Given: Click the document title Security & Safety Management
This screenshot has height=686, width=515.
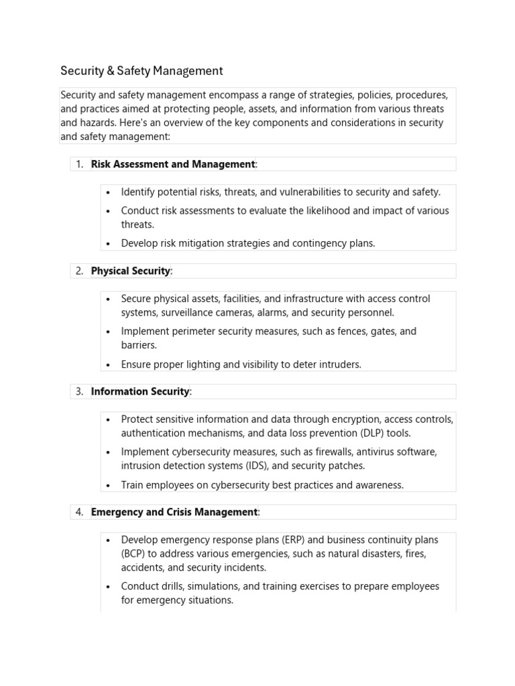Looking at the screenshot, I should coord(141,70).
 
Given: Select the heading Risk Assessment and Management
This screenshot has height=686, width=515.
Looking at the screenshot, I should coord(173,164).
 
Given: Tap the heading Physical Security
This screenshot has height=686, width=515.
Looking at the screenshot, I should coord(131,271).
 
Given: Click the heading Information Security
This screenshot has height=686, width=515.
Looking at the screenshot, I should coord(140,391).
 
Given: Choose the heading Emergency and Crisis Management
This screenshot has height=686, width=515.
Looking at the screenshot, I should coord(174,512).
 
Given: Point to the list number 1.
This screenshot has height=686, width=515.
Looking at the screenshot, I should coord(79,164).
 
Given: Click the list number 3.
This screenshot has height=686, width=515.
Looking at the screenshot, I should coord(79,391).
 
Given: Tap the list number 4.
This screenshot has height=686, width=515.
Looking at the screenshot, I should coord(79,512).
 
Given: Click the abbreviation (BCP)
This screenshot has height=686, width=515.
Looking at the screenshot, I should coord(135,554).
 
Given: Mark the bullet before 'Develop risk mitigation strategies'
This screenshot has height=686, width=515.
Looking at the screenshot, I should coord(108,244).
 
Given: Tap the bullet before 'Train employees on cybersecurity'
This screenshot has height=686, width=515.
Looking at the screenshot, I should coord(108,485).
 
